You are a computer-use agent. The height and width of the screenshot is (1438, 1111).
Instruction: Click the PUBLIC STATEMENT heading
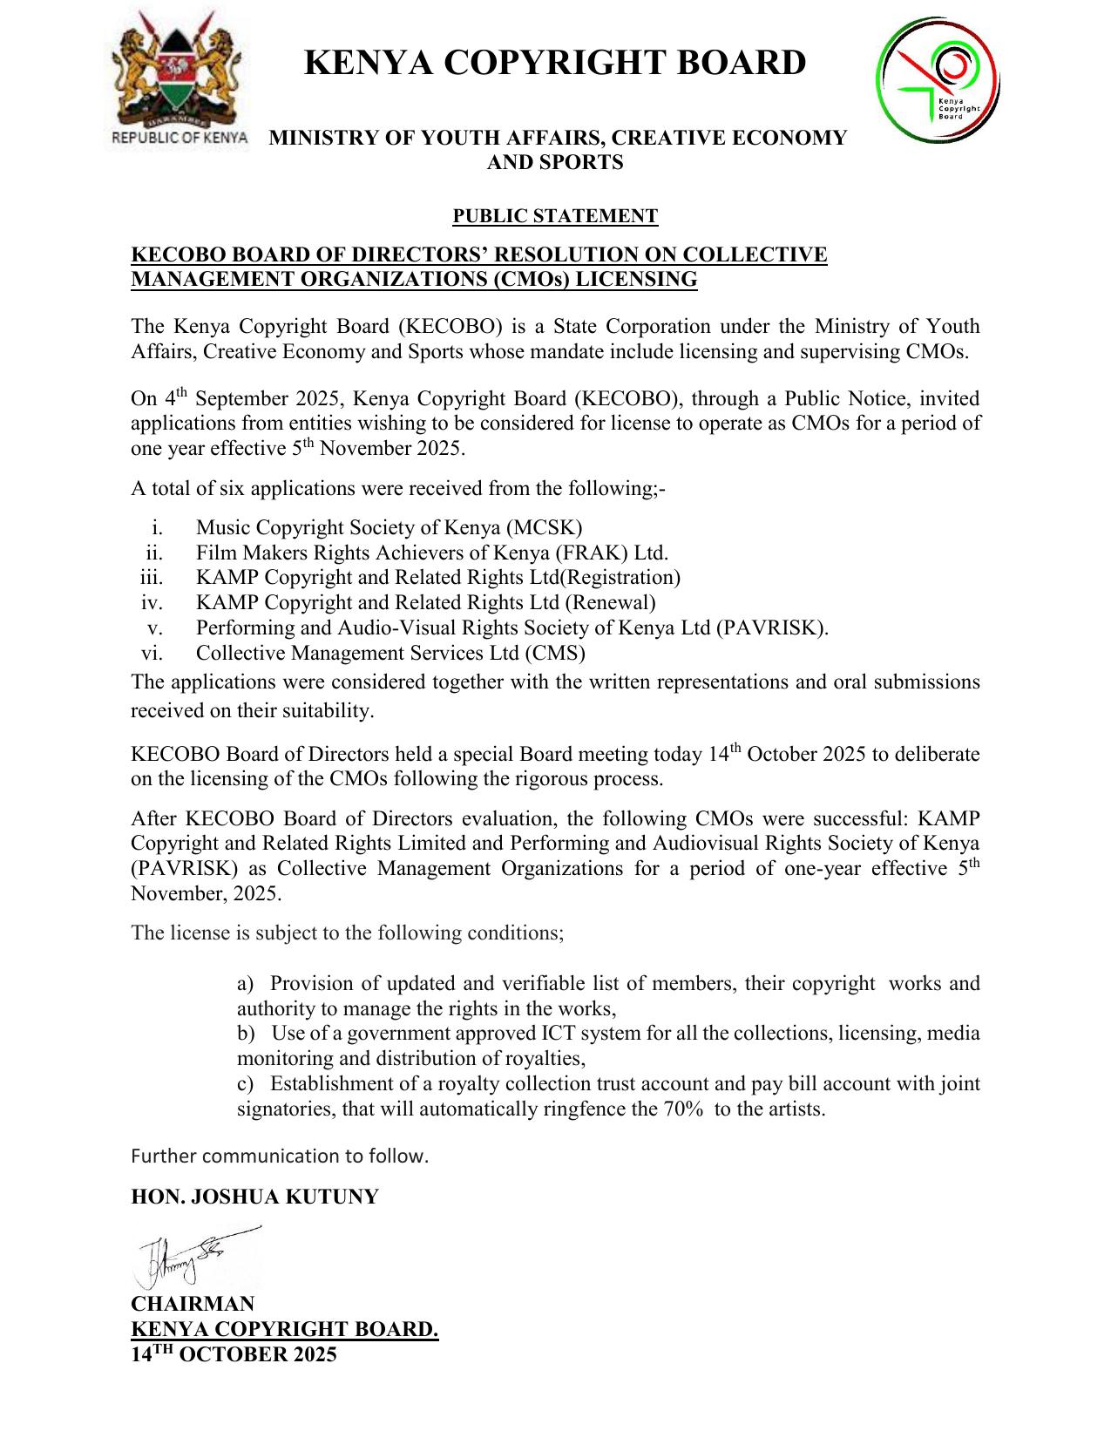(x=555, y=216)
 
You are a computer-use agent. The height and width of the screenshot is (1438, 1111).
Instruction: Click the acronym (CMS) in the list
(x=554, y=653)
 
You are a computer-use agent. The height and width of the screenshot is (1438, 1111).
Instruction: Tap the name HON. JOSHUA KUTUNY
(x=254, y=1197)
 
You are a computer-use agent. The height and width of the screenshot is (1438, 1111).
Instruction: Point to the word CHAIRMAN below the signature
(x=193, y=1304)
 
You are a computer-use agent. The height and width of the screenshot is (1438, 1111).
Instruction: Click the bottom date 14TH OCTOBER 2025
(x=234, y=1354)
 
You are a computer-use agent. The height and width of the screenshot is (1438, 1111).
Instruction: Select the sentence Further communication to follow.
(x=280, y=1157)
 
